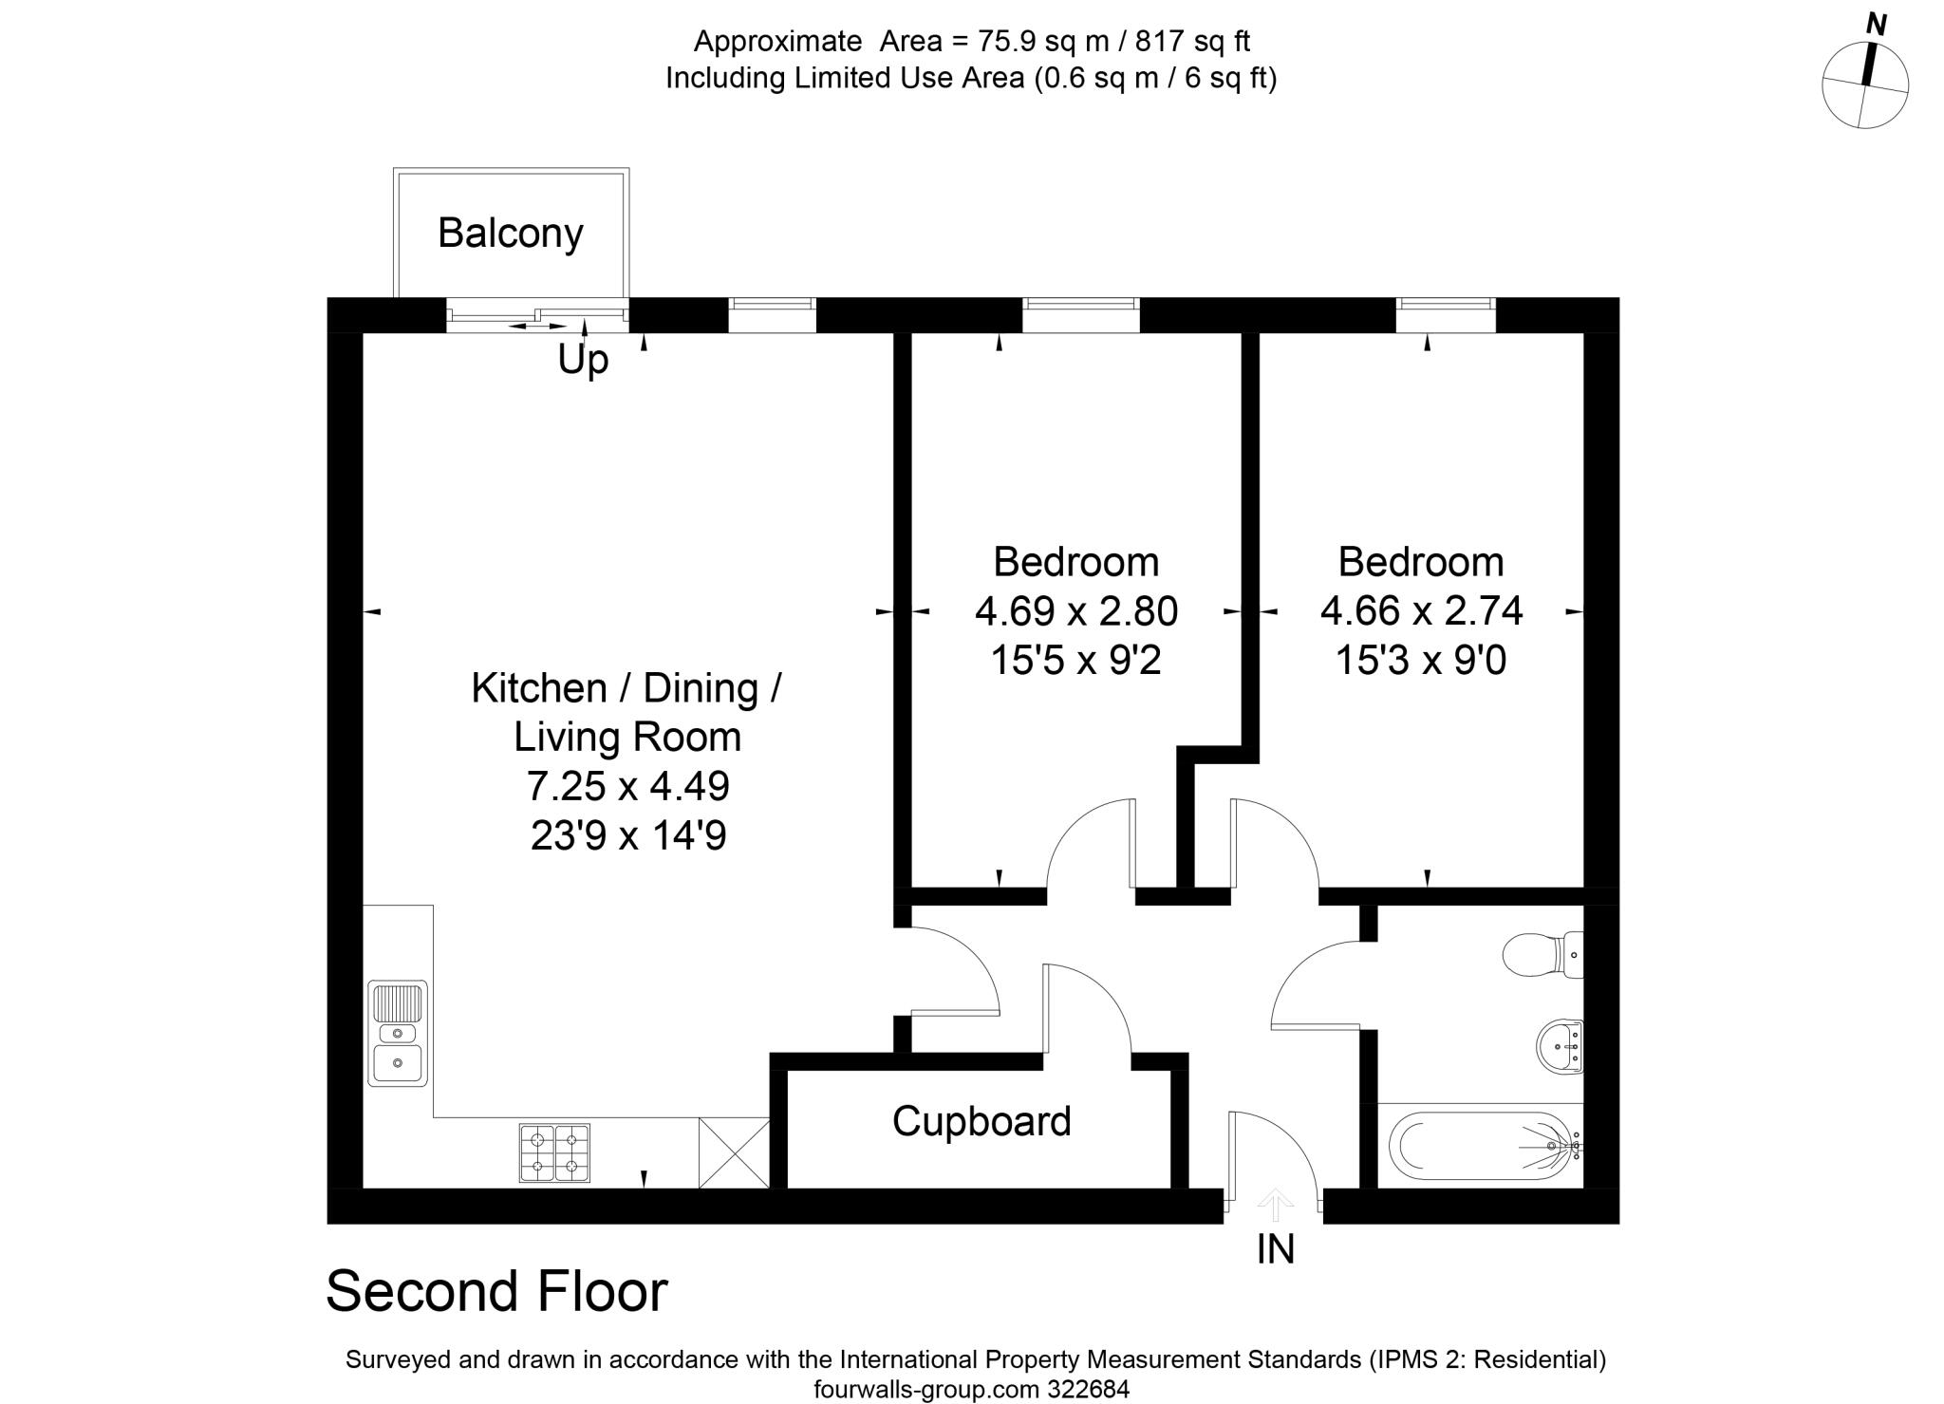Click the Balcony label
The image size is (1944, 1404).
click(x=510, y=234)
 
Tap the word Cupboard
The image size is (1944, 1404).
click(x=981, y=1121)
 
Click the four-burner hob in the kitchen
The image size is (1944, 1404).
click(x=554, y=1152)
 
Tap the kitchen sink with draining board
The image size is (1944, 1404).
click(x=398, y=1033)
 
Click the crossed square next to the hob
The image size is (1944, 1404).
click(x=734, y=1152)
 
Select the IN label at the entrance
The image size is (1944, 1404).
click(x=1275, y=1250)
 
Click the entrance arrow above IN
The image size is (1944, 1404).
click(x=1275, y=1206)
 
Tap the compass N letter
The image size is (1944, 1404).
click(x=1875, y=26)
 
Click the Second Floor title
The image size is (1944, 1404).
click(x=496, y=1292)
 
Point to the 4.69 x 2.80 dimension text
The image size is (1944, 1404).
click(x=1075, y=610)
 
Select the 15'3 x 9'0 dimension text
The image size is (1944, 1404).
click(x=1420, y=660)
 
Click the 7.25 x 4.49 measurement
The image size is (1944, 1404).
click(x=627, y=786)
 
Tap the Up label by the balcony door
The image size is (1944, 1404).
click(x=582, y=360)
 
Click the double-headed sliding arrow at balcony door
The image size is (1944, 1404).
click(x=537, y=327)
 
